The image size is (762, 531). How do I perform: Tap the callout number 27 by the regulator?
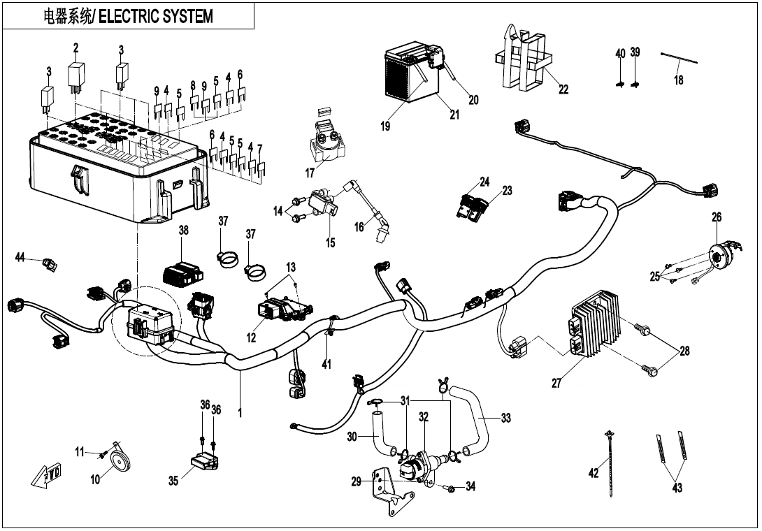click(x=556, y=383)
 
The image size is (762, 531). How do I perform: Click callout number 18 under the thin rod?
click(x=679, y=80)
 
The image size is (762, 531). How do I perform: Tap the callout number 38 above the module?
click(x=184, y=231)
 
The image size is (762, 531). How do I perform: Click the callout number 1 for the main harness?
click(x=240, y=413)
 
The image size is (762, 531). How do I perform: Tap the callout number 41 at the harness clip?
click(x=326, y=364)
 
